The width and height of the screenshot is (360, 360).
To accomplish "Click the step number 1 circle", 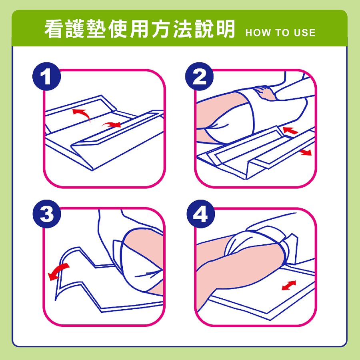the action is coord(47,76).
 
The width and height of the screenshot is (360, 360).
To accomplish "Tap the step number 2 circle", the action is coord(199,76).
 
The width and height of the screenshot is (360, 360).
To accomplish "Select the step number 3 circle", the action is coord(47,214).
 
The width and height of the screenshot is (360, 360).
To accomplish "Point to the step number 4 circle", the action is coord(200,214).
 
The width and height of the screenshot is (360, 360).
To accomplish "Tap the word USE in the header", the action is coord(304,33).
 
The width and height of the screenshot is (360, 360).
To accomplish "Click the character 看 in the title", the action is coord(54,29).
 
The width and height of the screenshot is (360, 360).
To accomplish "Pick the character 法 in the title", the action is coord(183,29).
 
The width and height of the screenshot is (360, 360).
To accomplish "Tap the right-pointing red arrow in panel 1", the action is coord(112,124).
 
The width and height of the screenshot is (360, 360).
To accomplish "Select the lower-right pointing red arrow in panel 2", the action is coord(305,152).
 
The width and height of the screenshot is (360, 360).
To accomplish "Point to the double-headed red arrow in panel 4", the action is coord(289,285).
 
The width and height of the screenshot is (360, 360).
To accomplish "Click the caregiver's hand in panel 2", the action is coord(265,92).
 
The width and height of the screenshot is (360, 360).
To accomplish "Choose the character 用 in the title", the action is coord(140,29).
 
